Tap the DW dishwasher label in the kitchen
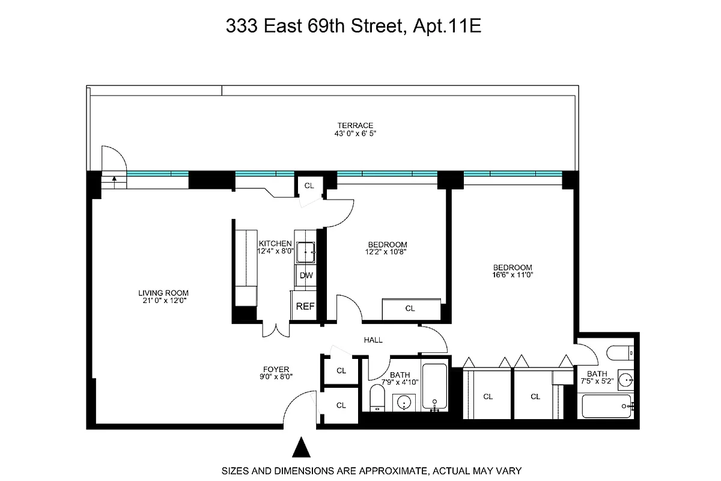[x=306, y=276]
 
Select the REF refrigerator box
[x=305, y=306]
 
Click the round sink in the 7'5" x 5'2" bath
[x=625, y=379]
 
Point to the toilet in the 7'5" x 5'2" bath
[x=618, y=352]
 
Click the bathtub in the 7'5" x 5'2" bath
[x=607, y=406]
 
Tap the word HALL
[x=373, y=340]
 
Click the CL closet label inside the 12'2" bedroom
[x=410, y=308]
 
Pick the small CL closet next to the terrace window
[x=309, y=186]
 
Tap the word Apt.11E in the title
[x=448, y=27]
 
